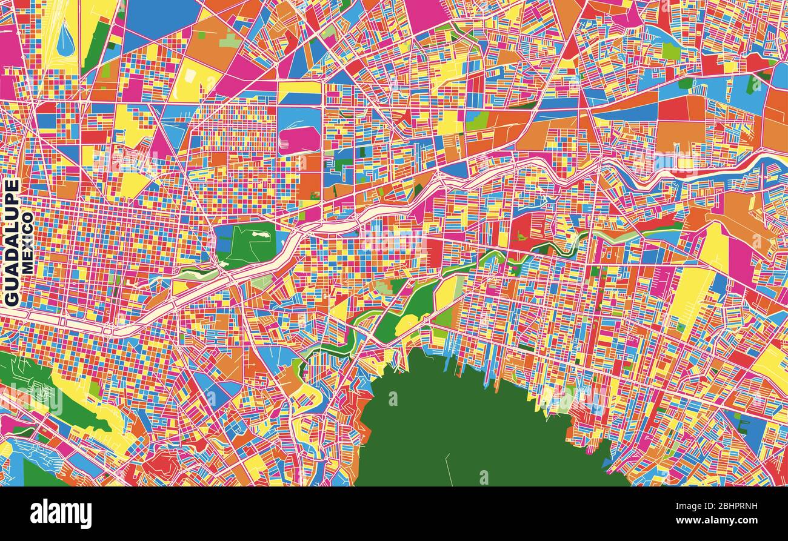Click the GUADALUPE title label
12,242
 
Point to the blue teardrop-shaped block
65,39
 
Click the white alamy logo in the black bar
61,514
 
